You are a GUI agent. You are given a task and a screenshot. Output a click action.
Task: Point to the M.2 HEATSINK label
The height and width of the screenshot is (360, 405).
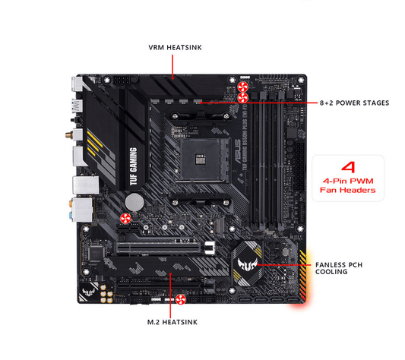pyautogui.click(x=173, y=322)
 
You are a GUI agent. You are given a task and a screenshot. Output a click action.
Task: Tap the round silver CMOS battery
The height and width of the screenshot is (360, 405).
pyautogui.click(x=134, y=201)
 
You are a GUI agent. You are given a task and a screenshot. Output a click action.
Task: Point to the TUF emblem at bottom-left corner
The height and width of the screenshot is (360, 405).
pyautogui.click(x=87, y=295)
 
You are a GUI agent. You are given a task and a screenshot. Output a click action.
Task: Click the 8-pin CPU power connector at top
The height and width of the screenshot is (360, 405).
pyautogui.click(x=124, y=81)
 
